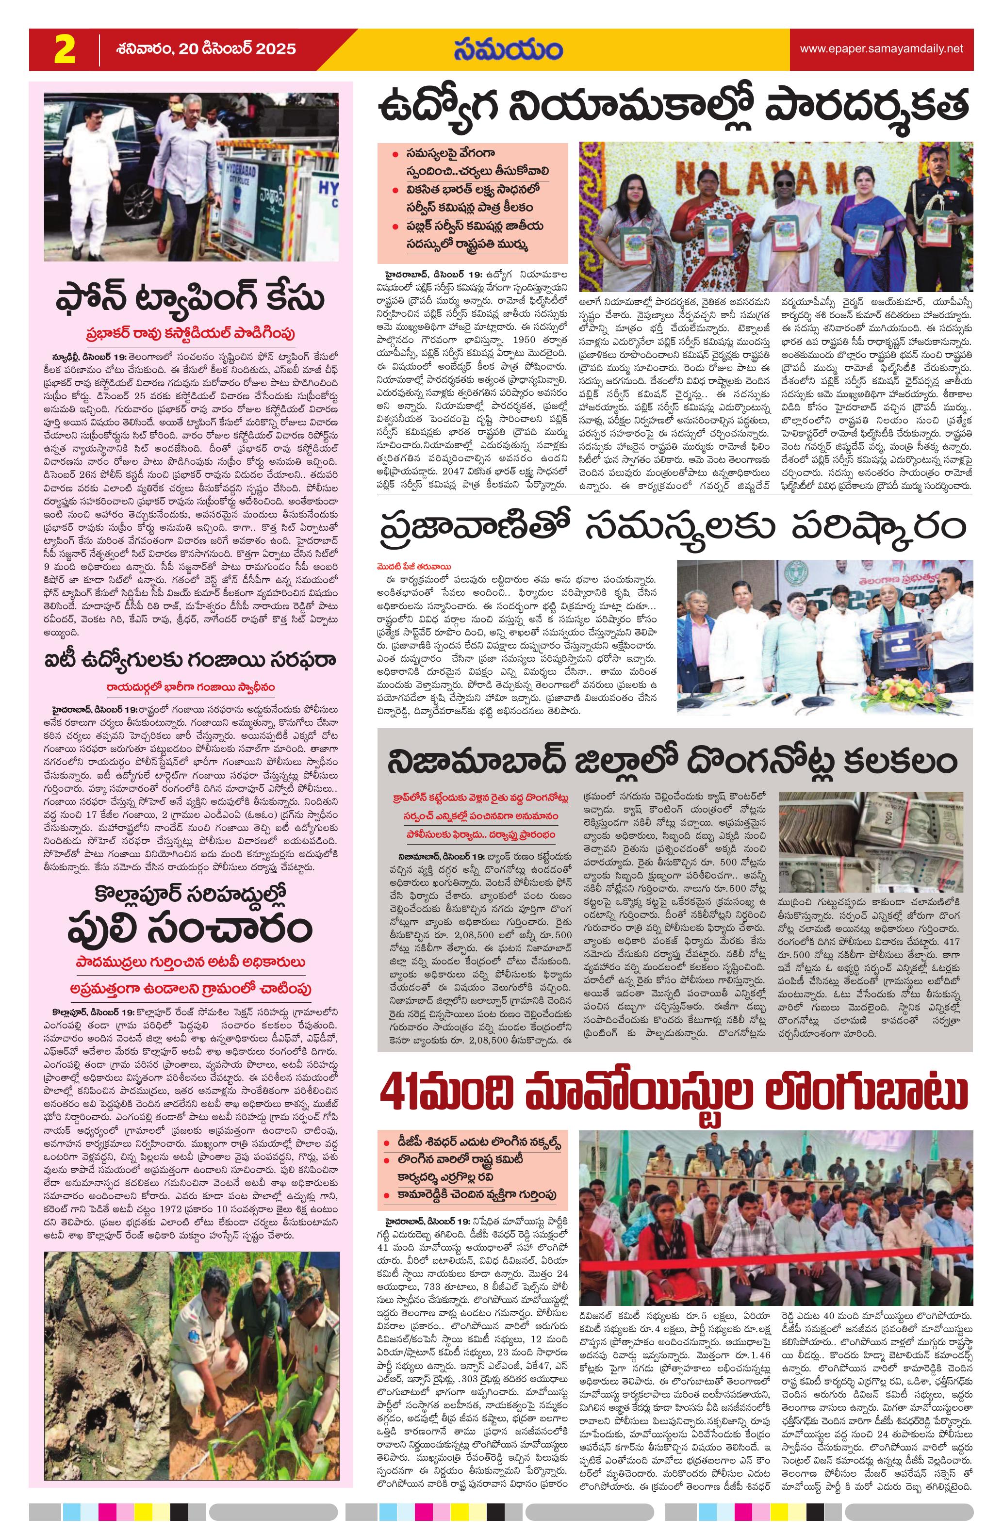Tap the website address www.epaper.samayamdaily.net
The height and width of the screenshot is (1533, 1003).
[x=881, y=49]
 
